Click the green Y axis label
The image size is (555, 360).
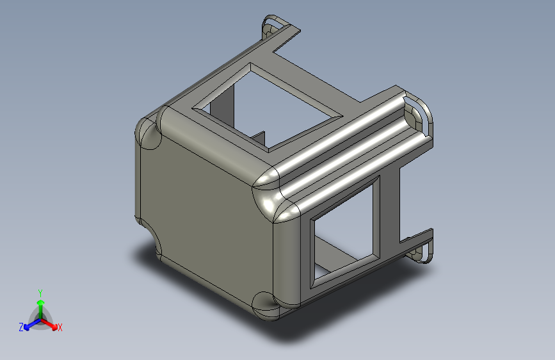40,293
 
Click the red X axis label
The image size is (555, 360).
60,327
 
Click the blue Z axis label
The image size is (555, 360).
21,327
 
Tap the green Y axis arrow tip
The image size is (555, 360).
41,302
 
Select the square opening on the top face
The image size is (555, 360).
268,106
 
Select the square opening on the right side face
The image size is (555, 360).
345,233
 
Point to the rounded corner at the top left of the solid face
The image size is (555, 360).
149,133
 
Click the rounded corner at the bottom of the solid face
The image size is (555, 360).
265,306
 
